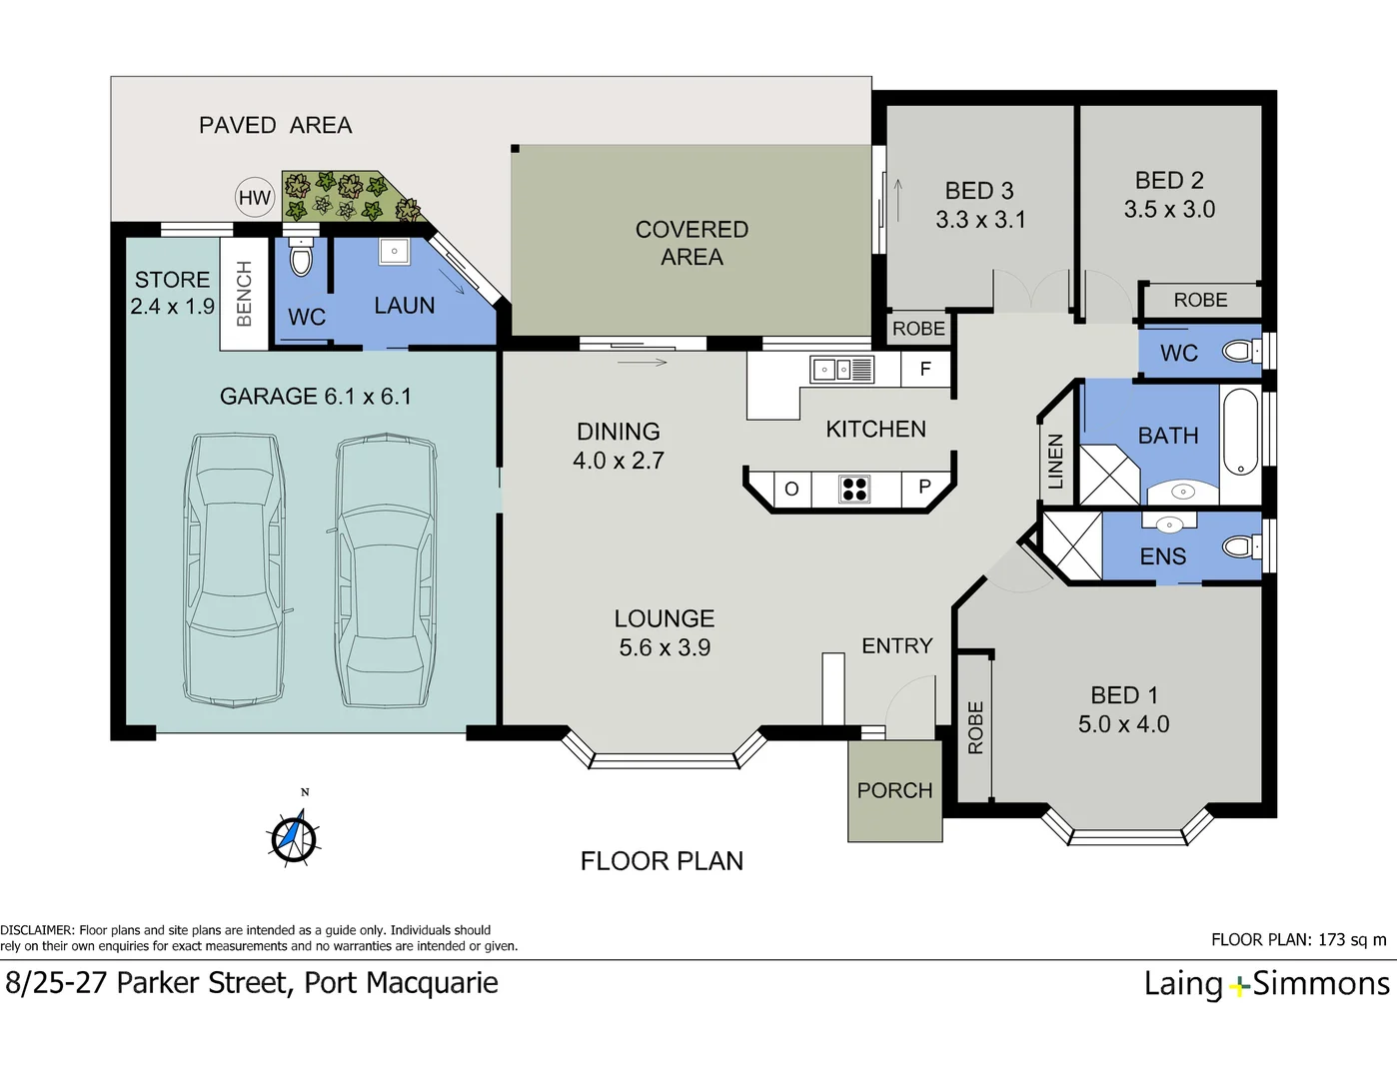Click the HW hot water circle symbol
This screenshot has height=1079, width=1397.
[255, 198]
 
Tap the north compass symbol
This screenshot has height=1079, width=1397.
[294, 837]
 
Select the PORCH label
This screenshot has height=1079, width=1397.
[894, 790]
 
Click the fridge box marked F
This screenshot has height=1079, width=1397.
[925, 370]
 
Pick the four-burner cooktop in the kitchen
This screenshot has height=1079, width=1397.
[854, 489]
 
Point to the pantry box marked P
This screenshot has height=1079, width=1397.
[924, 488]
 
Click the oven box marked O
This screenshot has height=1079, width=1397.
[791, 489]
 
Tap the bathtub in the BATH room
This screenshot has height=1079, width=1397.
[1240, 432]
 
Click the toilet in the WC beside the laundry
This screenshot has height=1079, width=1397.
[301, 259]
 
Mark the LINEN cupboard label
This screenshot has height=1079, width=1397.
[1055, 462]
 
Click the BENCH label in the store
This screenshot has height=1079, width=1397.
[244, 294]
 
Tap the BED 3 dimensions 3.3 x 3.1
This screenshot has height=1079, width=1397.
[980, 220]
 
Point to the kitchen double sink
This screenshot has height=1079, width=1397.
[841, 370]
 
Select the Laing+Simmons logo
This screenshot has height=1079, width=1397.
[1266, 984]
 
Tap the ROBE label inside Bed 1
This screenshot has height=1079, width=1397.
[975, 727]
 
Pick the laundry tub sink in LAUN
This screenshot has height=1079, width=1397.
[394, 251]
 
